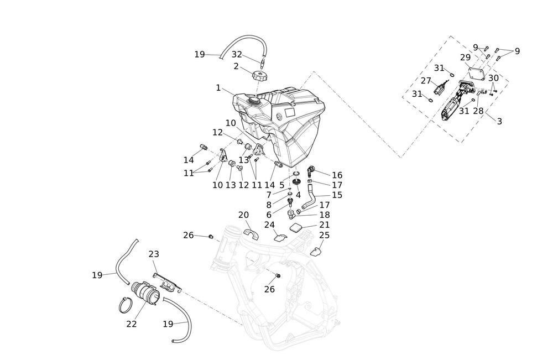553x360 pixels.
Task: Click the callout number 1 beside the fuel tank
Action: [218, 87]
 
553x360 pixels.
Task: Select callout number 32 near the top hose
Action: [237, 54]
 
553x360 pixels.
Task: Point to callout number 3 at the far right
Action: [499, 121]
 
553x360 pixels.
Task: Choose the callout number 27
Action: [426, 81]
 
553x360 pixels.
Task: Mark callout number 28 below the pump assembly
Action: [478, 111]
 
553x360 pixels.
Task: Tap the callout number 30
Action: [493, 79]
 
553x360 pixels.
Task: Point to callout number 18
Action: [325, 215]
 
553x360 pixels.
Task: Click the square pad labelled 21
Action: [297, 227]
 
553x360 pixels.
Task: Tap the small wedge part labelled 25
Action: [316, 252]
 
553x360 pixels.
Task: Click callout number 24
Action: [269, 225]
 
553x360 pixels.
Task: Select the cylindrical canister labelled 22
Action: [144, 293]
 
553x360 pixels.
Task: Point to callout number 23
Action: [154, 254]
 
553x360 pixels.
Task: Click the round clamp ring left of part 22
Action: [126, 305]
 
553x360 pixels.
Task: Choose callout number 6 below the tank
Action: [269, 215]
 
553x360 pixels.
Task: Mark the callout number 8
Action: [269, 205]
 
